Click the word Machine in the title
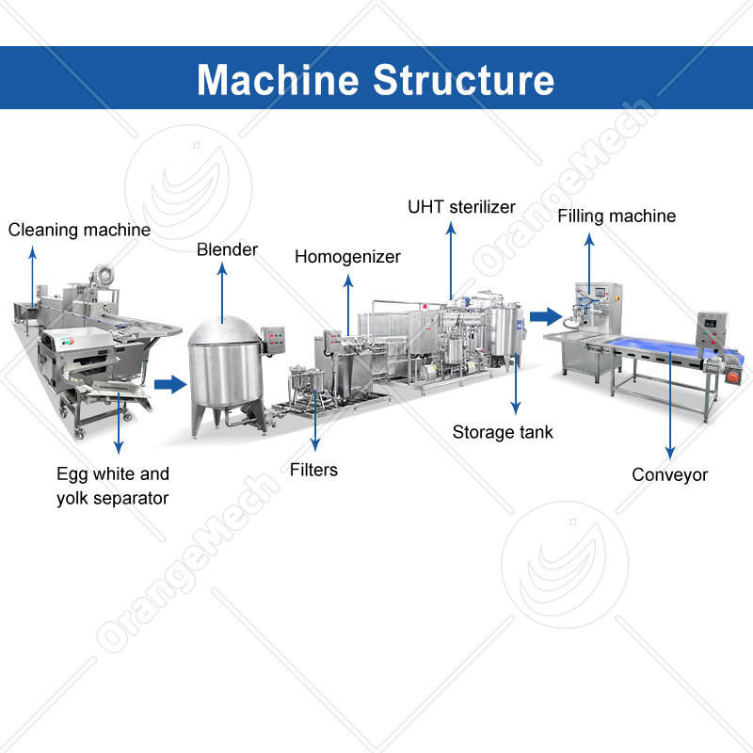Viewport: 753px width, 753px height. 279,79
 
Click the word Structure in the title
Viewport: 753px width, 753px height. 463,79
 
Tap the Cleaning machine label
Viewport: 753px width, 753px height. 79,230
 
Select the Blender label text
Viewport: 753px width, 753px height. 227,250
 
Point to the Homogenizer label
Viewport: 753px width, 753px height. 347,256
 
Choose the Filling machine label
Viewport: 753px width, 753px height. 617,216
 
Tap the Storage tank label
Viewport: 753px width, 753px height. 503,432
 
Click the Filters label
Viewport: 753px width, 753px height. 313,469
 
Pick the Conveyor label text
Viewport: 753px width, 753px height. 669,474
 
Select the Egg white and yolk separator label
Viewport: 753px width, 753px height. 112,486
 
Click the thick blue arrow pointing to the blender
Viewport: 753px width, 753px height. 170,383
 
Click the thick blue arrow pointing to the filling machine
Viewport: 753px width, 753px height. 543,315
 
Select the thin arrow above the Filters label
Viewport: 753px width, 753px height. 315,424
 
